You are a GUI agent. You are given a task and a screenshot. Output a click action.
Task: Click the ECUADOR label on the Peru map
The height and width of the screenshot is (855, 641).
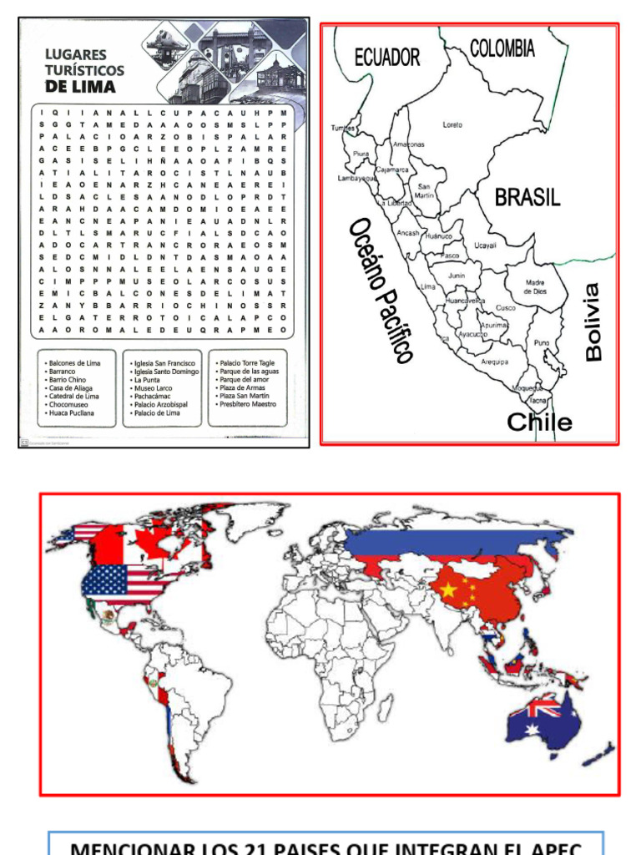tap(387, 58)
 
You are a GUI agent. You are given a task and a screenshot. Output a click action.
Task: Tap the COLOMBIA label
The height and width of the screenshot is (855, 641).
tap(502, 49)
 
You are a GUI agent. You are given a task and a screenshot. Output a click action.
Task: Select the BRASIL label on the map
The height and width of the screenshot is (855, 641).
tap(527, 198)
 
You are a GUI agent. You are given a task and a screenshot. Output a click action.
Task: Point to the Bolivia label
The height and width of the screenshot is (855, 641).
tap(593, 322)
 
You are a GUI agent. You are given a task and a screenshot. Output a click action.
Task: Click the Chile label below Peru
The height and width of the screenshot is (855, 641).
tap(540, 422)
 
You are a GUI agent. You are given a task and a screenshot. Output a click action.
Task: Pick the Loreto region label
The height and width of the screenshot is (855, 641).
tap(452, 124)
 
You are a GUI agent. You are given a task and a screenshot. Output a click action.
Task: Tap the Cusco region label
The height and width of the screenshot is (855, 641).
tap(506, 308)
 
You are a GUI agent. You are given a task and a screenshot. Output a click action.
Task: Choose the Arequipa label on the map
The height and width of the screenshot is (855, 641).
tap(495, 362)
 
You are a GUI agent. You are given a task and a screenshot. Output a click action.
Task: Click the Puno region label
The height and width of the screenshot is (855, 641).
tap(542, 342)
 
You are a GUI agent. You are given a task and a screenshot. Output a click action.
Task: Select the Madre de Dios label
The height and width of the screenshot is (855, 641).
tap(535, 287)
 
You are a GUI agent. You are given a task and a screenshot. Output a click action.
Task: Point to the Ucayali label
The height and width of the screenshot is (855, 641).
tap(486, 245)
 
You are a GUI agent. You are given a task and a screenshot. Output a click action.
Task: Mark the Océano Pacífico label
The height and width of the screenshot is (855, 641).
tap(381, 290)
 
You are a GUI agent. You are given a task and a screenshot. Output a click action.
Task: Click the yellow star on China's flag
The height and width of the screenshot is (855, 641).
tap(449, 590)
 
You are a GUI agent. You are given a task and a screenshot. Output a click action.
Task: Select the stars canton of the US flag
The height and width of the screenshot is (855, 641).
tap(103, 579)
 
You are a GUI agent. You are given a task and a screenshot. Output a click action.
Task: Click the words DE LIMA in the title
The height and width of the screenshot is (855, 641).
tap(80, 86)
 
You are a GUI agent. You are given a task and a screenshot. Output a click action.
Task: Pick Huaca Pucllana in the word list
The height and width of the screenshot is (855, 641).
tap(72, 412)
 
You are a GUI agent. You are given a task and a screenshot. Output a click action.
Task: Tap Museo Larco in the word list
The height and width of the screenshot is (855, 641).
tap(154, 388)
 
